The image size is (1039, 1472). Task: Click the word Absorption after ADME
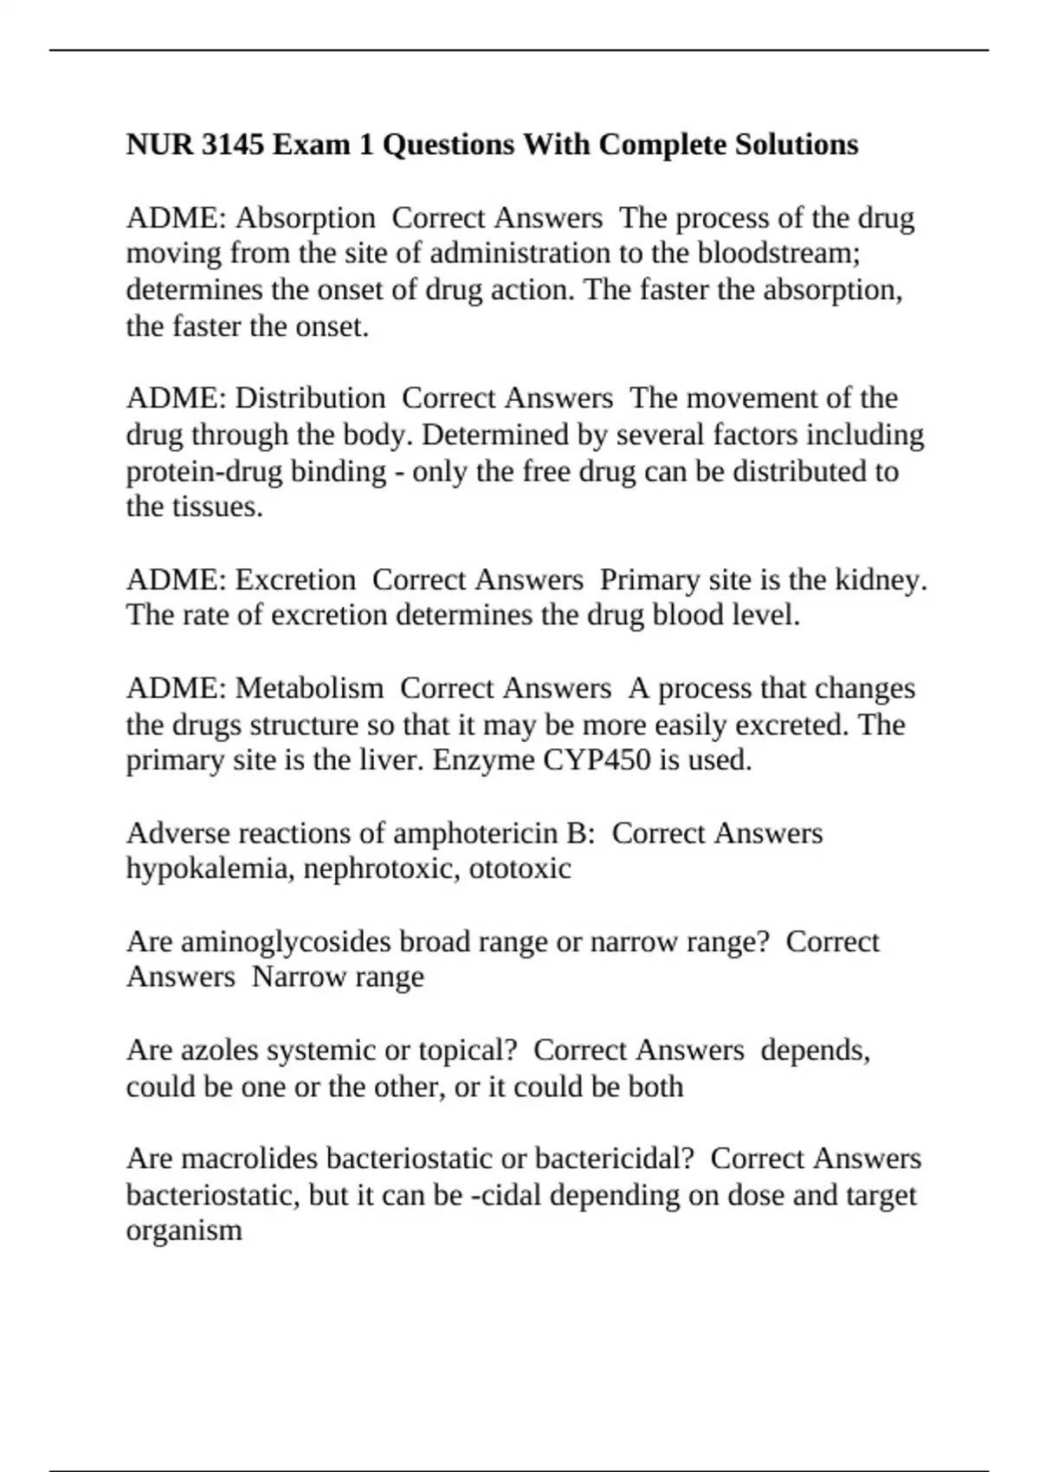[305, 217]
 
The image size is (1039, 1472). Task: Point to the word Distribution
[310, 398]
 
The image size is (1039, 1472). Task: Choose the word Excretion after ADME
[295, 579]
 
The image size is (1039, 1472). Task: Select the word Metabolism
[309, 688]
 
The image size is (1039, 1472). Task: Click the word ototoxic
[519, 868]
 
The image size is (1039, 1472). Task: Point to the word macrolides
[249, 1159]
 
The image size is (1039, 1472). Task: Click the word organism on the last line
[184, 1230]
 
